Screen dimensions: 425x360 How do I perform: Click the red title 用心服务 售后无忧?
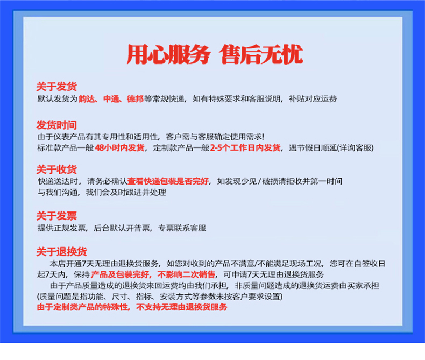215,55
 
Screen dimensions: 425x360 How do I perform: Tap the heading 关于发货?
56,87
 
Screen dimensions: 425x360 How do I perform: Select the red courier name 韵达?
87,99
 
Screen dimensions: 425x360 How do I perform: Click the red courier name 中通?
111,99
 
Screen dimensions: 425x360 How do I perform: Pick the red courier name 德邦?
135,99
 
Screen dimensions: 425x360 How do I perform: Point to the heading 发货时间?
56,125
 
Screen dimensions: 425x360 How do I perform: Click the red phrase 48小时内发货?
119,148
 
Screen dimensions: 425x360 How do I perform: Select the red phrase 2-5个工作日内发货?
245,148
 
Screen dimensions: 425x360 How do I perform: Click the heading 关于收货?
56,170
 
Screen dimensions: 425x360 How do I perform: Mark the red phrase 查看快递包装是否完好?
168,181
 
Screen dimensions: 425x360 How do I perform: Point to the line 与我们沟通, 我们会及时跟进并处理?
102,192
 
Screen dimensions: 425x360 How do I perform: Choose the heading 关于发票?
56,216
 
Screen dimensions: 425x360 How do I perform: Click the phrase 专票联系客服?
182,228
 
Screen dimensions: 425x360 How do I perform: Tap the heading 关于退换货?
61,252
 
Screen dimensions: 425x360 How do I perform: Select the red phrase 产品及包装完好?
121,274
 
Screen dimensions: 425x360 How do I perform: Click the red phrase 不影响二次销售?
186,274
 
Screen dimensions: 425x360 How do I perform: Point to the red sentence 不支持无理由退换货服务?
182,307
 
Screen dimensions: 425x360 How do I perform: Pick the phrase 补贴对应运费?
313,99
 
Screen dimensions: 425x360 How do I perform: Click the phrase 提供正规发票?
61,228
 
